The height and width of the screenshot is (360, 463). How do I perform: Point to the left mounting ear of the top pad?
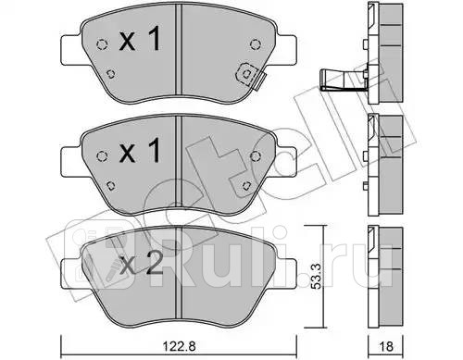coord(71,46)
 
